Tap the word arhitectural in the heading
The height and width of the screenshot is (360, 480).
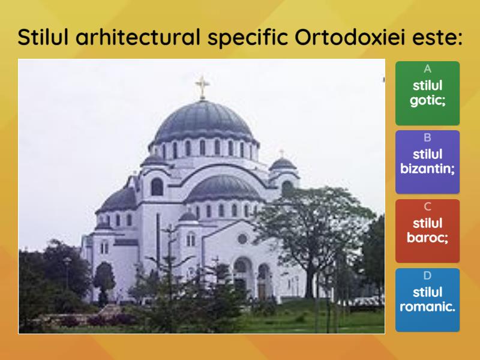pyautogui.click(x=138, y=37)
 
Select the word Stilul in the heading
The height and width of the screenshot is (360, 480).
pyautogui.click(x=43, y=37)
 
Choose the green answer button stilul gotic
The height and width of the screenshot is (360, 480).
pyautogui.click(x=427, y=93)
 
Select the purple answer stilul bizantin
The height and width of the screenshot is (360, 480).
pyautogui.click(x=427, y=162)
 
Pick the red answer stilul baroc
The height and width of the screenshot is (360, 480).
pyautogui.click(x=427, y=231)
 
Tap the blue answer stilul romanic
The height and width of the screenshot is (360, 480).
pyautogui.click(x=427, y=300)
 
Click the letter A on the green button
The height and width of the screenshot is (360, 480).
pyautogui.click(x=427, y=69)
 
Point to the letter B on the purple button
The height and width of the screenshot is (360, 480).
pyautogui.click(x=427, y=138)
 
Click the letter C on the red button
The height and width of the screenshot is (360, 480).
pyautogui.click(x=427, y=206)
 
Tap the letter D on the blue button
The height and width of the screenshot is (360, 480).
pyautogui.click(x=427, y=275)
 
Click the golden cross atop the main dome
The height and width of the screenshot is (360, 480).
pyautogui.click(x=202, y=87)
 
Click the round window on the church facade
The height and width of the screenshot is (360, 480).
pyautogui.click(x=242, y=239)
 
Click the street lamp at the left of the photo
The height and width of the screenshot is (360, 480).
pyautogui.click(x=67, y=272)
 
